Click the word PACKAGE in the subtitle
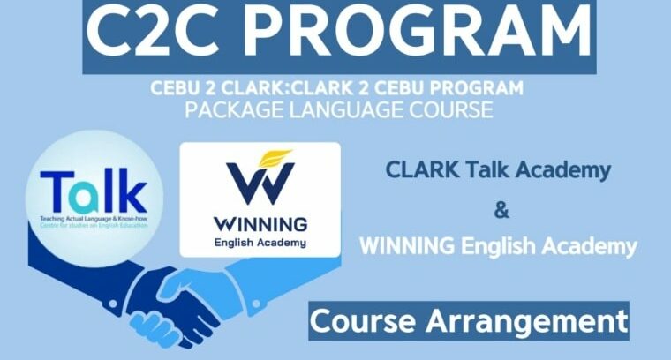(x=236, y=110)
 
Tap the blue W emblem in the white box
(x=260, y=181)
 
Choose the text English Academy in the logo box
(x=260, y=242)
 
